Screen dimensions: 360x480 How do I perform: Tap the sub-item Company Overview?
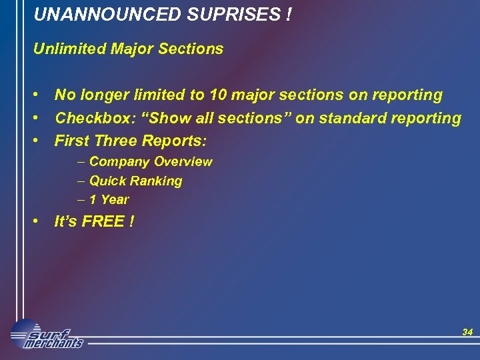151,162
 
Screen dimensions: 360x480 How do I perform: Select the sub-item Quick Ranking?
135,181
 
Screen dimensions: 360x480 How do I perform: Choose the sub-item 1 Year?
109,199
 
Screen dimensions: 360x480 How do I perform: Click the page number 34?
467,332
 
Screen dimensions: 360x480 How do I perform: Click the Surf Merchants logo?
47,335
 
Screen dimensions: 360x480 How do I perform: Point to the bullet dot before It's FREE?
39,221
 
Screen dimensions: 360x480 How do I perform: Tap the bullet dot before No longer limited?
39,95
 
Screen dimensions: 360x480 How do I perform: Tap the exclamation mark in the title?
287,14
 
